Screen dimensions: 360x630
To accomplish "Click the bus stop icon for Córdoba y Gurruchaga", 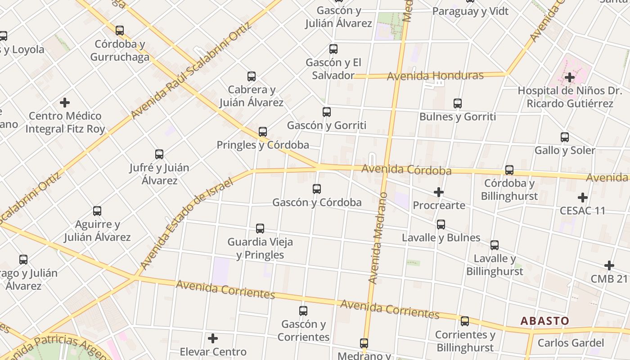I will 120,31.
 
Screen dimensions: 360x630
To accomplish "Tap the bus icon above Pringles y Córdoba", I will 263,132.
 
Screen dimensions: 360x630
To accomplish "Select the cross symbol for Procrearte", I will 439,192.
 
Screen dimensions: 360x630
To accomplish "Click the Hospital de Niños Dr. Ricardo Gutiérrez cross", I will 570,77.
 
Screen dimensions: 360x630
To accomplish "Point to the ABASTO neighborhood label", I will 545,321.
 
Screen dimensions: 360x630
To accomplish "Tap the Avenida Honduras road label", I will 435,76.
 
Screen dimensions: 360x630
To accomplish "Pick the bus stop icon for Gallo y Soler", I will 565,137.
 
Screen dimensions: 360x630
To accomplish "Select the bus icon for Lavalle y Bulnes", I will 441,224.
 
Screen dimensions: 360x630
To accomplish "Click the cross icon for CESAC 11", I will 583,198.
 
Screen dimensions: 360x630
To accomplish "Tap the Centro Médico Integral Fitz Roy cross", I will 65,103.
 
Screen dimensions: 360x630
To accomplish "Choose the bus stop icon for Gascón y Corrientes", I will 303,310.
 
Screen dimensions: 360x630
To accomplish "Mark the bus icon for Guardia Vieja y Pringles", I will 260,229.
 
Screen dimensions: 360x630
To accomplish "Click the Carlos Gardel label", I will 570,343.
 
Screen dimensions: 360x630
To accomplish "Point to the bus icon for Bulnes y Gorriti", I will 458,103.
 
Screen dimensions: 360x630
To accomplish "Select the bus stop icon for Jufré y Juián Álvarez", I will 159,154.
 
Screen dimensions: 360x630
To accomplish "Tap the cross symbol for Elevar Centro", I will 213,338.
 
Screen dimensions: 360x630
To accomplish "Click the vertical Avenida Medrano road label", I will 378,238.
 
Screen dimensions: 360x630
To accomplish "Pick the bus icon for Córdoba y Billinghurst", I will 509,170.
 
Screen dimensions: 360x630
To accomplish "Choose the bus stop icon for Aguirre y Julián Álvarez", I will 97,211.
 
